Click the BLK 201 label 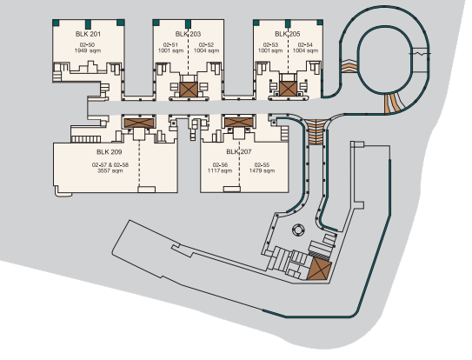click(88, 34)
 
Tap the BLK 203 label click(188, 34)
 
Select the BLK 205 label click(288, 34)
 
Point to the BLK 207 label click(239, 151)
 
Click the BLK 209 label click(110, 152)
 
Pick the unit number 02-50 click(87, 45)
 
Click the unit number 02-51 click(170, 45)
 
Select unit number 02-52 click(206, 45)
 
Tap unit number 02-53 click(270, 45)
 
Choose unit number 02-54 click(305, 45)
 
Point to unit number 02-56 click(220, 165)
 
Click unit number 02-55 click(262, 165)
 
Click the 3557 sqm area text click(110, 170)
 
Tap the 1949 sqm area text click(88, 50)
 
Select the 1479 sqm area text click(262, 170)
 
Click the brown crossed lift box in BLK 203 click(189, 90)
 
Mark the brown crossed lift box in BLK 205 click(288, 89)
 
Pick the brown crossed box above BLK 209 click(139, 123)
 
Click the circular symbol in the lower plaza click(298, 230)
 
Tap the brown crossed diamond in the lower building click(319, 269)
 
